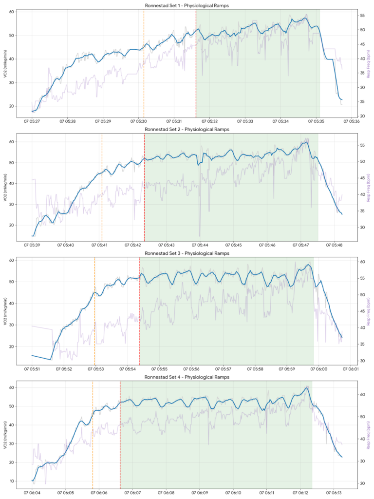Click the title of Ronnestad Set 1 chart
[x=187, y=6]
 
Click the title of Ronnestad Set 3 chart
[x=187, y=253]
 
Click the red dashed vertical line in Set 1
[x=196, y=63]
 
